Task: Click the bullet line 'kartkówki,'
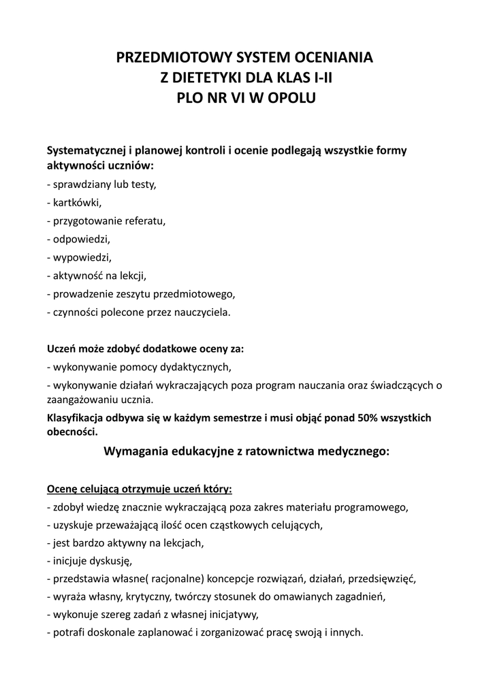pos(74,202)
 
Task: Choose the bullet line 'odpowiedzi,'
pos(78,239)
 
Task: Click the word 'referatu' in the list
pos(145,221)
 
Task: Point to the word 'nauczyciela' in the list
pos(204,312)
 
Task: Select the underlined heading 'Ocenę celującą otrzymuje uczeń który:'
pos(139,489)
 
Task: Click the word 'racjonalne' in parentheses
pos(174,580)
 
